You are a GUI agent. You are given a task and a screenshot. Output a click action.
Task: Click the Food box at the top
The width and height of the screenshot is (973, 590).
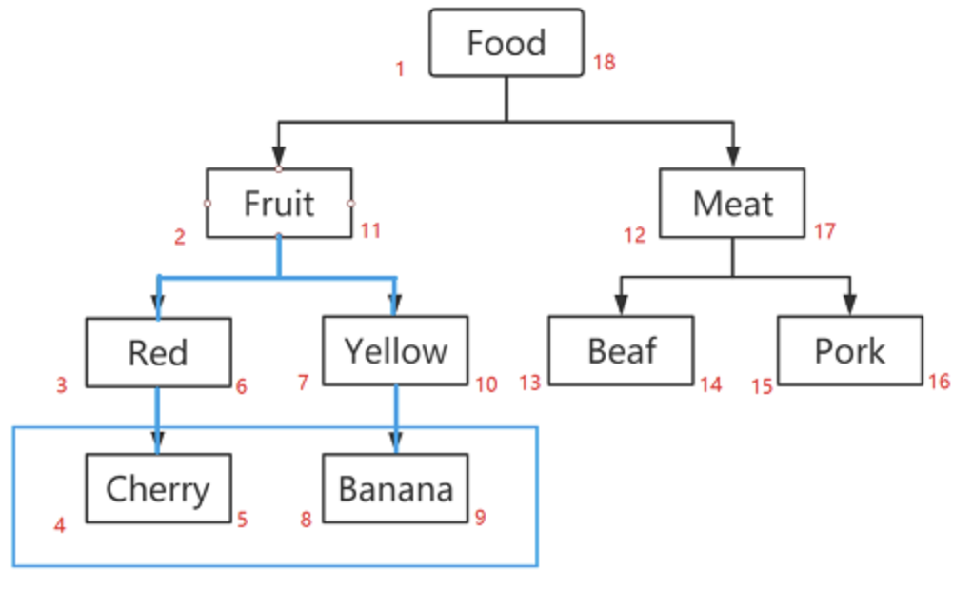point(506,43)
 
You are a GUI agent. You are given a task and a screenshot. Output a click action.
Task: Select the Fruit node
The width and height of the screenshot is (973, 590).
point(279,203)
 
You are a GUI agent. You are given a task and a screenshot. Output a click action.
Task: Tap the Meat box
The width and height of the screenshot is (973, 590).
point(732,203)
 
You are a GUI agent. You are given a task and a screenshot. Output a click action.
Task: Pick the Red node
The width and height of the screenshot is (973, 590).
point(158,352)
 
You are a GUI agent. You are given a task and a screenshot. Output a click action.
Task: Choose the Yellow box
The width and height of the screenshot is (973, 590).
point(395,350)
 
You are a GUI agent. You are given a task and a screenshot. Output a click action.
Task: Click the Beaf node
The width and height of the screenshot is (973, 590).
point(621,350)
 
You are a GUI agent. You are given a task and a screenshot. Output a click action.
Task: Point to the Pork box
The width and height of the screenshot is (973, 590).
point(849,350)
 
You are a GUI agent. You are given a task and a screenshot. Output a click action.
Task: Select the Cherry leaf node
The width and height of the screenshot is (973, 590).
point(158,488)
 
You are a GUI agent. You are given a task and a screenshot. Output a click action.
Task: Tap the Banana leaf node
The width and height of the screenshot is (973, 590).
point(395,488)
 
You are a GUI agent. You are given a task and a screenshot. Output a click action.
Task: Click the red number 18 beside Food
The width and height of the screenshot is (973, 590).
point(604,63)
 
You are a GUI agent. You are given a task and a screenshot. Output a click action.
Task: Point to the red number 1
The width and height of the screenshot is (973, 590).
point(400,69)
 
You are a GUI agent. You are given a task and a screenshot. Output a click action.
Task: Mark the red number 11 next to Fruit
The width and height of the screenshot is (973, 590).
point(370,230)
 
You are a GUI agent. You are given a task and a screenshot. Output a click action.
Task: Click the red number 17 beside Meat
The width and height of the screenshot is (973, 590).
point(824,231)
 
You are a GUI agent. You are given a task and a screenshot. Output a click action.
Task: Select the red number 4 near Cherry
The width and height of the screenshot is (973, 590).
point(60,524)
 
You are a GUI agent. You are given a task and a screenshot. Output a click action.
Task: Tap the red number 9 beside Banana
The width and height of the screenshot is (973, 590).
point(480,518)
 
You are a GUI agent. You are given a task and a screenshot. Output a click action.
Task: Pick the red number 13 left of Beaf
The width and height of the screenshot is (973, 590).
point(530,383)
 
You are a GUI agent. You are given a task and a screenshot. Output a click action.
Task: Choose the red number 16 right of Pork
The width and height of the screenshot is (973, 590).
point(939,382)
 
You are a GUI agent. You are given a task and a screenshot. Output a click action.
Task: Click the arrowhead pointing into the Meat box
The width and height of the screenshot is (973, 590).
point(733,158)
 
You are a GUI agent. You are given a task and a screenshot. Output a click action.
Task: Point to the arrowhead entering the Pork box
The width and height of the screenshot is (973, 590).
point(849,305)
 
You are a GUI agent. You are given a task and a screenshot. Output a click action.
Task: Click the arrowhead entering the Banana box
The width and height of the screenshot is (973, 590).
point(396,442)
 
